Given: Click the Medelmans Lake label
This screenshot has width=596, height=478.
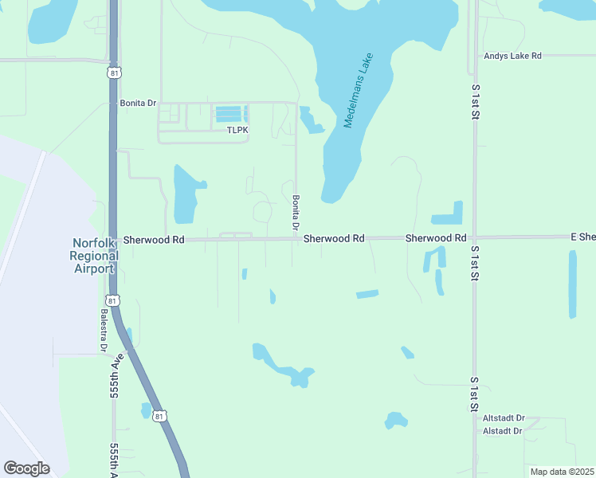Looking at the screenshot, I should tap(359, 91).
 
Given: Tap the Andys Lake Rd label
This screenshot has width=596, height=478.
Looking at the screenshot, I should tap(512, 56).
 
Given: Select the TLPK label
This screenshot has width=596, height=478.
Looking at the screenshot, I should tap(237, 130).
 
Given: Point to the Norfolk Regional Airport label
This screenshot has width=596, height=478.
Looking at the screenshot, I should tap(94, 256).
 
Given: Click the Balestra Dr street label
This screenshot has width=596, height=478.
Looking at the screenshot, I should tap(104, 331).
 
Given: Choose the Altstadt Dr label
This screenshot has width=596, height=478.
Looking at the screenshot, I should tap(504, 418).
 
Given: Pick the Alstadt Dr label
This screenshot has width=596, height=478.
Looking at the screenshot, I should tap(502, 431).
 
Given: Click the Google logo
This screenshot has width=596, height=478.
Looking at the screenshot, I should tap(26, 468).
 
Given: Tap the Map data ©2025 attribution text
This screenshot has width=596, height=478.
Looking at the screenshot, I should tap(562, 472).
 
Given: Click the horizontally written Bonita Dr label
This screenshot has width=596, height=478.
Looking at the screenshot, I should tap(138, 104).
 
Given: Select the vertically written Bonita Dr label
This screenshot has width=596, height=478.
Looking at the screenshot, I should tap(295, 213).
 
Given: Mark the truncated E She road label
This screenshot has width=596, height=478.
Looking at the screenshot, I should tap(582, 237).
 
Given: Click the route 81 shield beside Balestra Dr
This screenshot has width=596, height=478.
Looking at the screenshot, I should tap(112, 300).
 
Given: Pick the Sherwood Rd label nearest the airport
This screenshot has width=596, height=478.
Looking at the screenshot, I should tap(154, 239).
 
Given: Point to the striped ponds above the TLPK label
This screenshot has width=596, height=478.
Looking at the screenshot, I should tap(228, 113).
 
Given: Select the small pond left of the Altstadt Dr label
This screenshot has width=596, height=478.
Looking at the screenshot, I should tap(395, 420).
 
